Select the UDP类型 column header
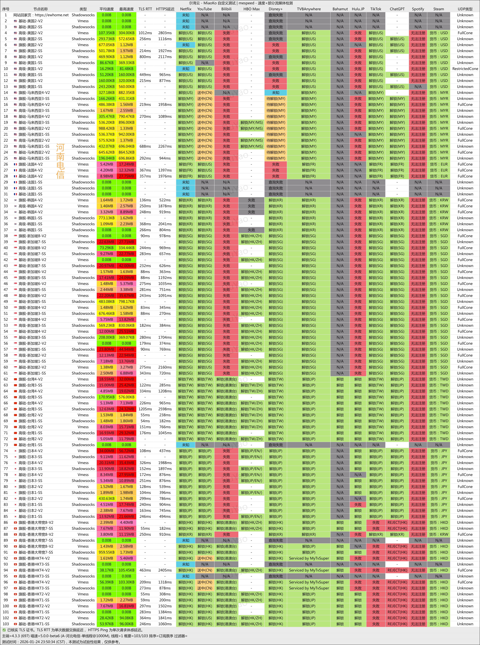465,9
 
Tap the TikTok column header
376,9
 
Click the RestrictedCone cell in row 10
465,69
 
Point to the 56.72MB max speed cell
126,451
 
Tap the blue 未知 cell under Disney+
275,93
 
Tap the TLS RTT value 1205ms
145,409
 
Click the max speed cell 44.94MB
126,349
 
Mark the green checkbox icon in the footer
4,630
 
